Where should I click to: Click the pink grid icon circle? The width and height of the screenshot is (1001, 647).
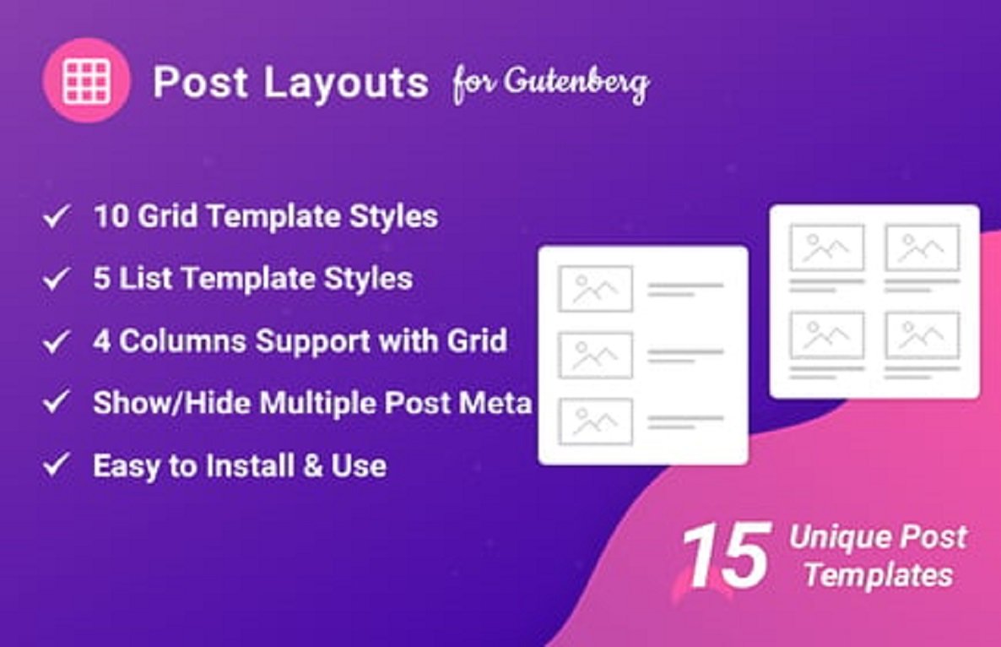[86, 81]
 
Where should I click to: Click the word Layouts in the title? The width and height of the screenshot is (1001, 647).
[346, 83]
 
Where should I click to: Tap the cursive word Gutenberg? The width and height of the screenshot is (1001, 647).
[577, 84]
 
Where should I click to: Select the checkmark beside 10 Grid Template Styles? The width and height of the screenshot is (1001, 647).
[57, 218]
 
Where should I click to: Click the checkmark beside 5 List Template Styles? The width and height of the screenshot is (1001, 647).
[57, 280]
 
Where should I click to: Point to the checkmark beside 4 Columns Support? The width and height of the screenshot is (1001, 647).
[57, 342]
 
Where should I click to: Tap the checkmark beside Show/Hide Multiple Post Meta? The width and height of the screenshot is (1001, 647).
[57, 403]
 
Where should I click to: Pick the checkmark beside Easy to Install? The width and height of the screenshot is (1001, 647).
[57, 465]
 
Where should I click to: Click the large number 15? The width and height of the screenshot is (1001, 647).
[725, 556]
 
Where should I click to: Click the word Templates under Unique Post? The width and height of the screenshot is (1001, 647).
[878, 576]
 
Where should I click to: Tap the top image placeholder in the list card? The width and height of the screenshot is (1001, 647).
[595, 289]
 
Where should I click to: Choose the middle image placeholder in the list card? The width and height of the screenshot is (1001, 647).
[595, 355]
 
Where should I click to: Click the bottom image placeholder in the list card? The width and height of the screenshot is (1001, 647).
[595, 421]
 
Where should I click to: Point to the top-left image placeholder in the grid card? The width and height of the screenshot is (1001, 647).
[826, 247]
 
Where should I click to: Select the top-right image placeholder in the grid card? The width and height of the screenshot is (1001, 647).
[922, 247]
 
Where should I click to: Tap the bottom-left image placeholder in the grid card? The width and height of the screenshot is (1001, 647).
[826, 335]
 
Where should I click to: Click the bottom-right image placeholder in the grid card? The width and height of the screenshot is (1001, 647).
[922, 335]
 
